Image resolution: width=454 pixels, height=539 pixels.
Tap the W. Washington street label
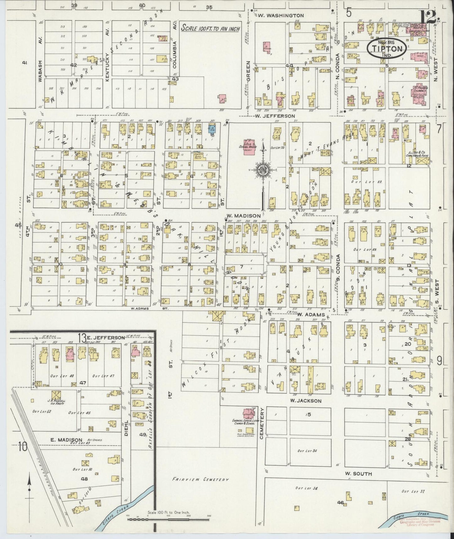[281, 15]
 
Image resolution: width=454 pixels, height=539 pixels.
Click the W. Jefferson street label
[275, 116]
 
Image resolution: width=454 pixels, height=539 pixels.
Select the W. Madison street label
[243, 216]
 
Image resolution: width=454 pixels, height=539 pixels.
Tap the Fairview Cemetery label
[200, 480]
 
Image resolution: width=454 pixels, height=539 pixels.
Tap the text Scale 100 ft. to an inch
[211, 29]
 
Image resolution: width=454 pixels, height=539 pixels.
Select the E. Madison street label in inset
[65, 440]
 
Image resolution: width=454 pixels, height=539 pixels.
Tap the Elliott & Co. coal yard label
[415, 153]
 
